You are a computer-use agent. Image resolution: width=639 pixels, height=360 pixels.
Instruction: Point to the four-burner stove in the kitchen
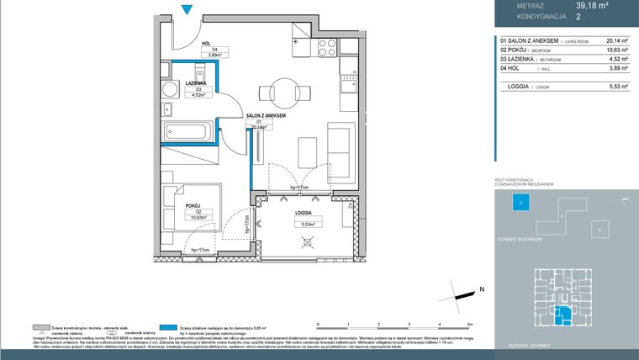pos(326,45)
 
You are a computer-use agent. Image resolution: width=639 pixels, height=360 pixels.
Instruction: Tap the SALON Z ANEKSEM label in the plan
pos(266,114)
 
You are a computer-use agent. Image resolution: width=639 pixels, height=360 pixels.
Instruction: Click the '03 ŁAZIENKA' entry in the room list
pos(519,60)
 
